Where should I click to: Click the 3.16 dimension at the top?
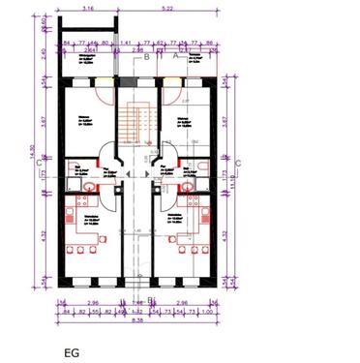88,8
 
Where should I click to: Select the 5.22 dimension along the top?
168,8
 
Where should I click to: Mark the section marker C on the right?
238,166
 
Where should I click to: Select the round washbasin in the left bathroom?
90,187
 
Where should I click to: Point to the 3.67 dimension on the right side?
228,122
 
